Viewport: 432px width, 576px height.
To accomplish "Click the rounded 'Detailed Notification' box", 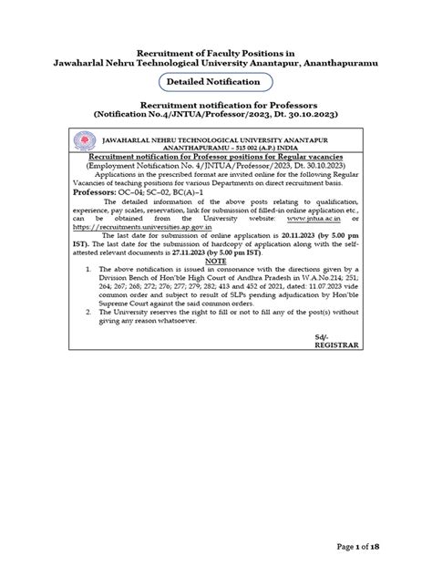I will (217, 82).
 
